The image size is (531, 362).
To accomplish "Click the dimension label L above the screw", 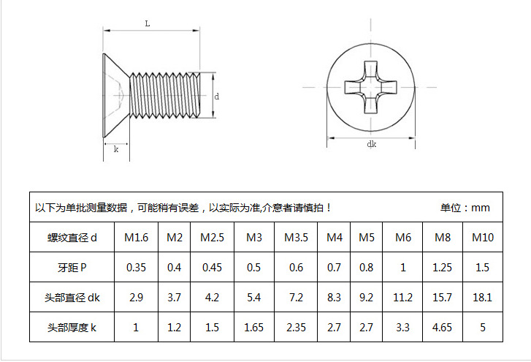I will pos(148,23).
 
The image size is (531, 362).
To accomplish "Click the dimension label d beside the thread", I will pos(217,96).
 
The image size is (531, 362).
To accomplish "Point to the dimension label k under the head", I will pos(116,149).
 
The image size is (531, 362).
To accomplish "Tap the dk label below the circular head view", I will pos(372,145).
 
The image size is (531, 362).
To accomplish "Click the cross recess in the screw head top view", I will pos(371,86).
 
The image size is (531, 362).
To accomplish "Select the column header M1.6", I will pos(136,238).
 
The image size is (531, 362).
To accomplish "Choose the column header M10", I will pos(483,238).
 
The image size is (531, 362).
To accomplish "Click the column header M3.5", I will pos(296,238).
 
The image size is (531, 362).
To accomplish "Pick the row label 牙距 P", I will pos(72,268).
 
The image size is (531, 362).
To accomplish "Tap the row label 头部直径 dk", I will pos(72,298).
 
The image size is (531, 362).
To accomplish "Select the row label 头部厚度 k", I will pos(72,328).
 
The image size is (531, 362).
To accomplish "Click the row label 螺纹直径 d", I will pos(72,238).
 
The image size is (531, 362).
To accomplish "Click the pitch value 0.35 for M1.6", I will pos(136,268).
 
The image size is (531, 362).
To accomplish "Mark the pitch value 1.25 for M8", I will pos(443,268).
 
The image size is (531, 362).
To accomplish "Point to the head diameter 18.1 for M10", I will pos(483,298).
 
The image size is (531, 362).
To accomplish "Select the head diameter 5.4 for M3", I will pos(254,298).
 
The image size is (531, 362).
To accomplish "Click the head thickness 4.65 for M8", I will pos(443,328).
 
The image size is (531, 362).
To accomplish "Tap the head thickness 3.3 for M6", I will pos(403,328).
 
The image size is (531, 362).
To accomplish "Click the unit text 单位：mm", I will pos(465,208).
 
